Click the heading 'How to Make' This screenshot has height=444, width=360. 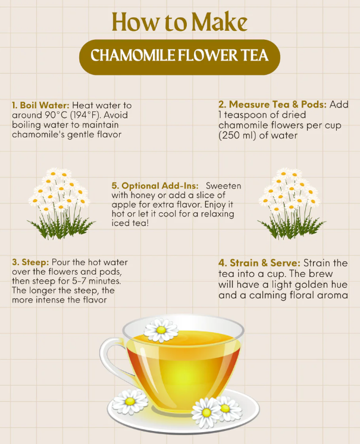click(x=179, y=22)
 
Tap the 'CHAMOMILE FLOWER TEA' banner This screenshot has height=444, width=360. click(x=180, y=56)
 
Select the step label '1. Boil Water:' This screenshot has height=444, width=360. click(x=40, y=105)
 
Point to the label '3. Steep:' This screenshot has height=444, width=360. click(x=30, y=262)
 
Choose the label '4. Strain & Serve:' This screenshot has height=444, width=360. click(x=260, y=263)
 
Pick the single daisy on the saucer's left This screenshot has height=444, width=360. click(x=130, y=402)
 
